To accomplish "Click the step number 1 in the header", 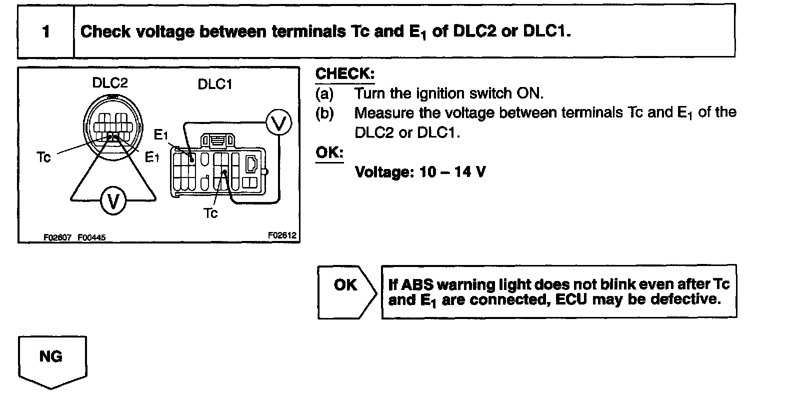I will (x=46, y=32).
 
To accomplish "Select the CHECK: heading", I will (x=344, y=74).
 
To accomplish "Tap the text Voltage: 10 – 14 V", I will (x=419, y=172).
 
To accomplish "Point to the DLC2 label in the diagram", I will (x=110, y=82).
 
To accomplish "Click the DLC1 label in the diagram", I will (x=215, y=84).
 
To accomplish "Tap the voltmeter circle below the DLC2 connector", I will (x=113, y=201).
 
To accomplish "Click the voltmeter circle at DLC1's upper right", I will (x=277, y=122).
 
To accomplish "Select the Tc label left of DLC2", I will (x=44, y=157).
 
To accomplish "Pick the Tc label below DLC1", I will (x=210, y=213).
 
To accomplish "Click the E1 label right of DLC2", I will (x=152, y=158).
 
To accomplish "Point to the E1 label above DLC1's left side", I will (x=161, y=135).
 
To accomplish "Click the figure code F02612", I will (x=282, y=234).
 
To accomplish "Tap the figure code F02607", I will (x=58, y=238).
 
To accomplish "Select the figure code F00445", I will (x=91, y=238).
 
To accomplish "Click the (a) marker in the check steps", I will (x=324, y=93).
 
